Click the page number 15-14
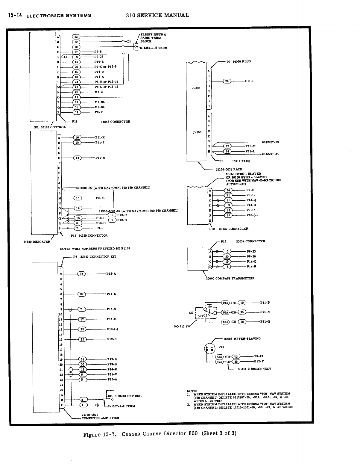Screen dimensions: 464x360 13,15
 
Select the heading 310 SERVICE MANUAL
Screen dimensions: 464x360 157,15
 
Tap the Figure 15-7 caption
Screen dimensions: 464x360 160,434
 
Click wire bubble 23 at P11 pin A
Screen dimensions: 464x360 76,37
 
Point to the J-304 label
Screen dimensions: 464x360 196,88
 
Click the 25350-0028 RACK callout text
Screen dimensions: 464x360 229,170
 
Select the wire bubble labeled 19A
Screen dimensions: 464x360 225,303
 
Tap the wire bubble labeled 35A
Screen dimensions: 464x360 220,362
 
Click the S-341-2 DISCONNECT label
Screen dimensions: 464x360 254,369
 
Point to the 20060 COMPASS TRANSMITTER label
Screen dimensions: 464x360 230,278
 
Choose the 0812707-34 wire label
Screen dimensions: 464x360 270,154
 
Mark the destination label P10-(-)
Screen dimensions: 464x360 113,329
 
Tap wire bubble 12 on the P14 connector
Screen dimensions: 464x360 78,208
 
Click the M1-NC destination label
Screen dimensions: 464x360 100,102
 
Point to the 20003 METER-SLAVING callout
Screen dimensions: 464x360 242,338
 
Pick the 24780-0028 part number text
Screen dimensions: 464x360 90,415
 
